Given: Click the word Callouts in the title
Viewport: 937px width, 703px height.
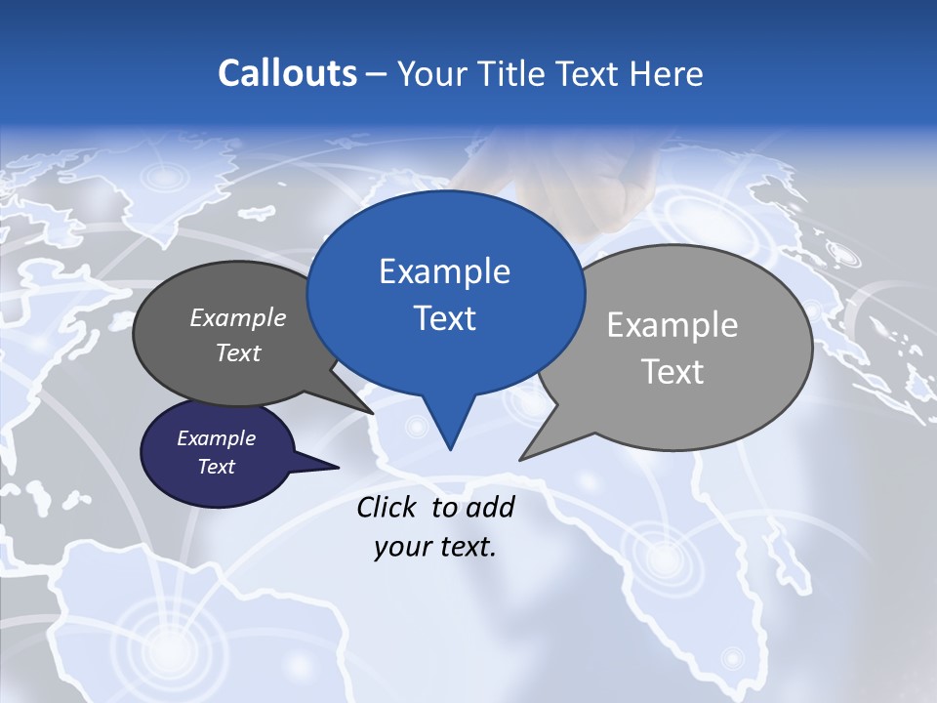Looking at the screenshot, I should (287, 73).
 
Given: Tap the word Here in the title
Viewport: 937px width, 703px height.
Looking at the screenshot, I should (667, 73).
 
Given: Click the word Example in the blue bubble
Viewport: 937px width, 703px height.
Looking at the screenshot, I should (444, 271).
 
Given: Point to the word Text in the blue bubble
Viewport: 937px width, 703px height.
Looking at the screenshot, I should (444, 318).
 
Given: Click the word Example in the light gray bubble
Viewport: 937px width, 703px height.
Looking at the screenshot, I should (672, 325).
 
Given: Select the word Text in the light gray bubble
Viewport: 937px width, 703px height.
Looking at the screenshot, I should (672, 372).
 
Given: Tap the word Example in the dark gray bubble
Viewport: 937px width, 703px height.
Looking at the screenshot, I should (238, 317).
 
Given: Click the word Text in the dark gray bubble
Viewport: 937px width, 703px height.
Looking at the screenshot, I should (238, 352).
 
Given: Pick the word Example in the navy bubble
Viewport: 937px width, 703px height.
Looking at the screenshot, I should (217, 438).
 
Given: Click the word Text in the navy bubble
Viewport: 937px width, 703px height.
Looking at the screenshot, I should (217, 467).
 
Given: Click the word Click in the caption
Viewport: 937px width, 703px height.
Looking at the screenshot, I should (387, 507).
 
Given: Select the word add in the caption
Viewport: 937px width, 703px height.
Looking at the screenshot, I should (490, 507).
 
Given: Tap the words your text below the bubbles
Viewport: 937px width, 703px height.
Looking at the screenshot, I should (434, 546).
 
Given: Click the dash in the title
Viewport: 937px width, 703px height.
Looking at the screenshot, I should (378, 74).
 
